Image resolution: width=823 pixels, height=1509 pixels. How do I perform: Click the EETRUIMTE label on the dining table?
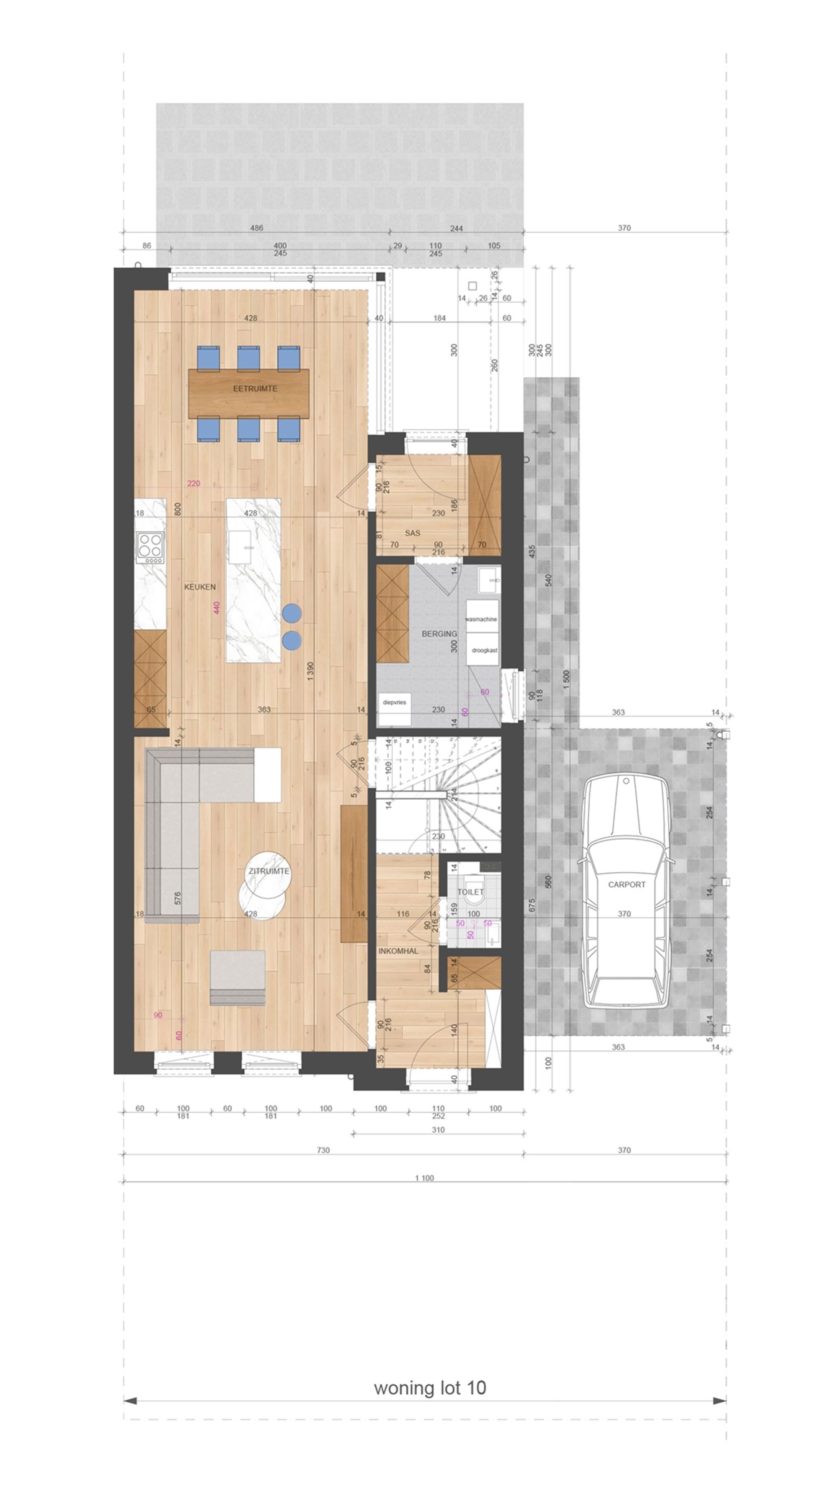point(255,388)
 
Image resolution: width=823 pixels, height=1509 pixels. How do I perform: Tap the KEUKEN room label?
point(200,586)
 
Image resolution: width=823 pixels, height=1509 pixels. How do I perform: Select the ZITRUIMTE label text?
point(269,871)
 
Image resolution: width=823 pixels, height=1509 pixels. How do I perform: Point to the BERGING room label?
point(439,634)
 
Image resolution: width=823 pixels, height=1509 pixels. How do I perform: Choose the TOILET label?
point(470,892)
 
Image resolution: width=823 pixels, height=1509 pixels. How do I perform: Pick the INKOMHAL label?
point(398,951)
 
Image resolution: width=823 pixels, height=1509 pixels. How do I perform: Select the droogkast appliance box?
point(484,650)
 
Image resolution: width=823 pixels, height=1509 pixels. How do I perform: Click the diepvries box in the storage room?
point(394,702)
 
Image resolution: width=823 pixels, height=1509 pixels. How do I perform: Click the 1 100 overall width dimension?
point(424,1178)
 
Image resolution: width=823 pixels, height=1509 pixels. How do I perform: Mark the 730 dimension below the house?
point(323,1150)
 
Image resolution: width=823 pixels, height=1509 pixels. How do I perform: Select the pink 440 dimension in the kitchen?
point(216,607)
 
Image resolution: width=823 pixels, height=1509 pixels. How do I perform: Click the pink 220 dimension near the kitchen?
point(194,483)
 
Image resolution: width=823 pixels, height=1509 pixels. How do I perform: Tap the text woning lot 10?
point(430,1388)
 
